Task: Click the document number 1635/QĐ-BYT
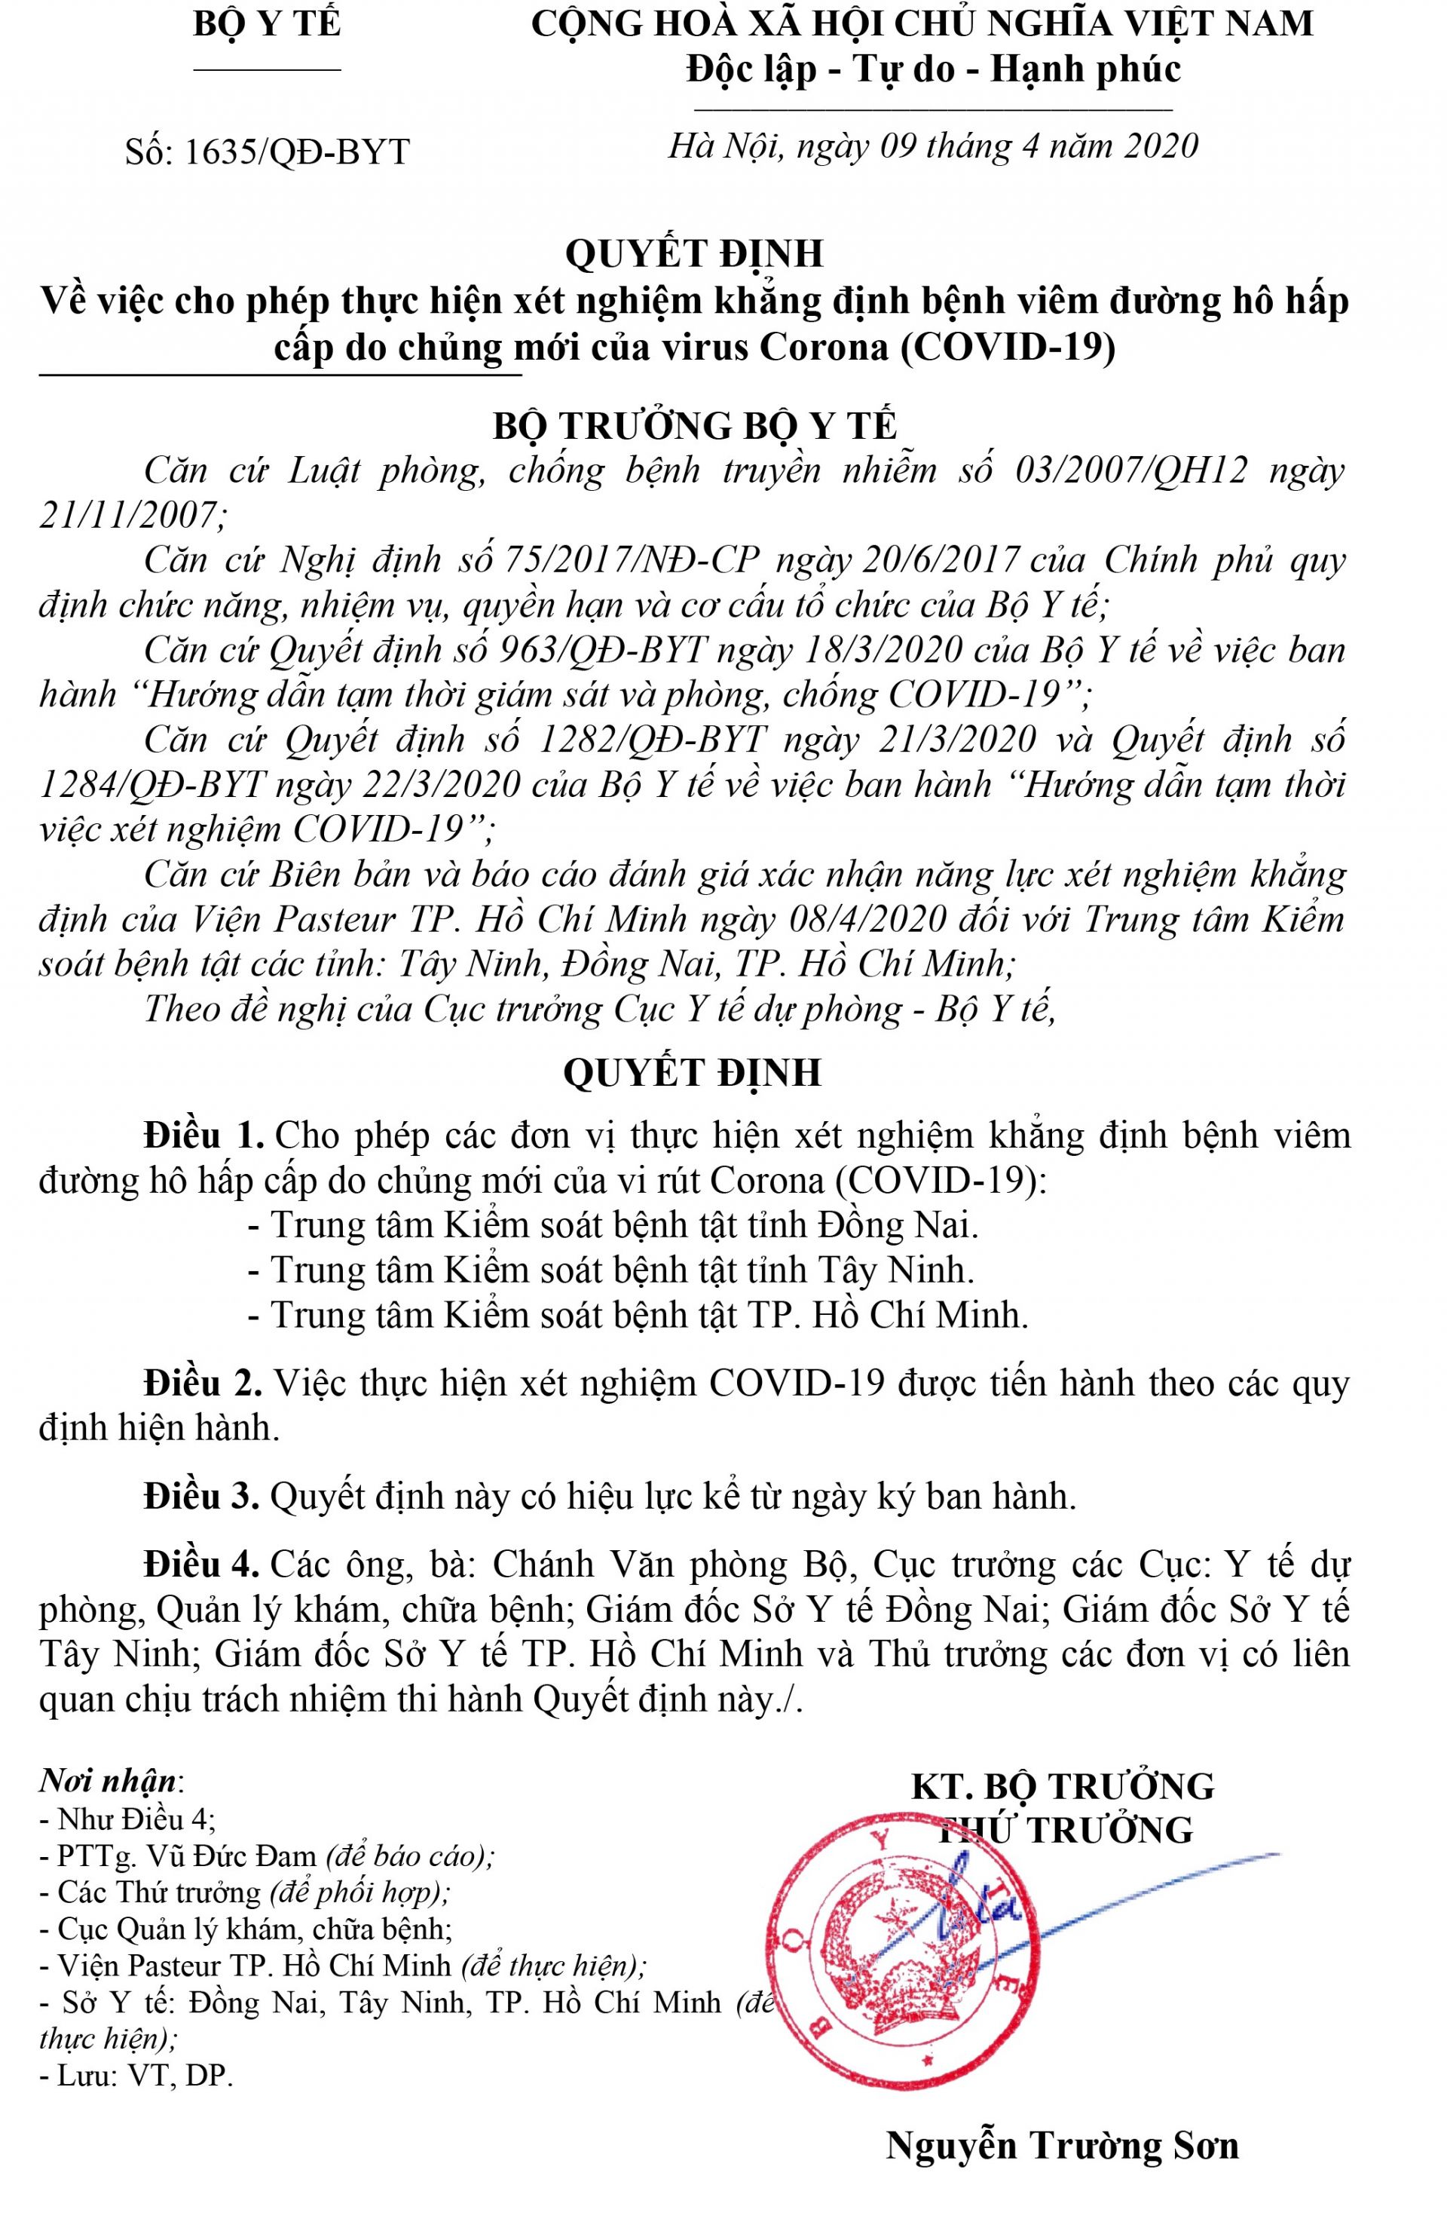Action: [x=296, y=152]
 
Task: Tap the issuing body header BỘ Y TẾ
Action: [x=268, y=24]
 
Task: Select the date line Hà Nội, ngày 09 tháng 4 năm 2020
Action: [x=932, y=146]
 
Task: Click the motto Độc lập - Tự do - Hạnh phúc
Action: [x=934, y=70]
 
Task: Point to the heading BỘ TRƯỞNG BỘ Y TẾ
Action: [x=695, y=426]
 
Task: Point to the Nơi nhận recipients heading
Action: [x=109, y=1780]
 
